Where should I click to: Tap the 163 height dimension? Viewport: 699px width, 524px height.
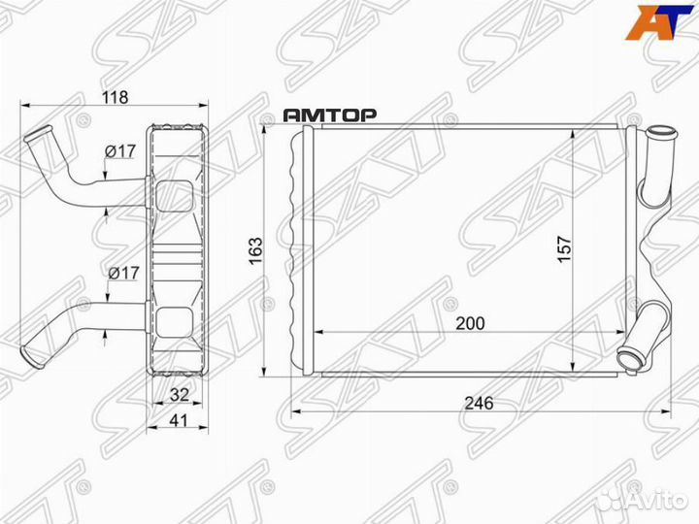click(254, 250)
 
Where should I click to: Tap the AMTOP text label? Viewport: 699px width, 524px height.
click(330, 115)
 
